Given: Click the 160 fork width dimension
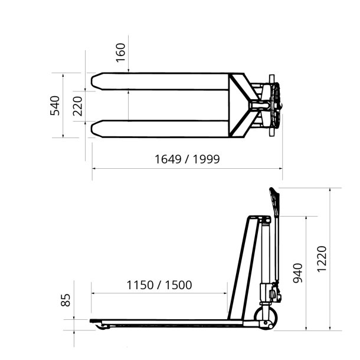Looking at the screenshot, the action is tap(120, 53).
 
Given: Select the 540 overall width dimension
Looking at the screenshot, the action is tap(55, 106).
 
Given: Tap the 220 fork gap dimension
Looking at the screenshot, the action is tap(77, 106).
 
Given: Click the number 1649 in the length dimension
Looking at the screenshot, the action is tap(168, 159).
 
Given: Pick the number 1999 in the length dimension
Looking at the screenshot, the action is tap(206, 159).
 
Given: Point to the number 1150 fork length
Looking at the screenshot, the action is tap(140, 285).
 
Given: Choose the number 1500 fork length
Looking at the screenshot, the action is tap(178, 285).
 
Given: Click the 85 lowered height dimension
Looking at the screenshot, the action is tap(66, 300).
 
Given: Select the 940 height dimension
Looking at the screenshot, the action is tap(298, 273).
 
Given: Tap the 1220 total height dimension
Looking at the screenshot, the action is tap(322, 259).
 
